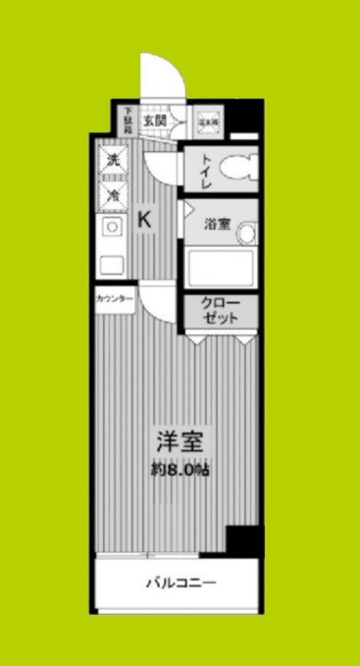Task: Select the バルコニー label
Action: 181,583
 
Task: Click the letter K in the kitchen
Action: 144,221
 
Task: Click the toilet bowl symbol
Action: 235,169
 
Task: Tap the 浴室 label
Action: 217,224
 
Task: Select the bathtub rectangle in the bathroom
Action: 220,268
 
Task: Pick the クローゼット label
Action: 219,312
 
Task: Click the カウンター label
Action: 115,297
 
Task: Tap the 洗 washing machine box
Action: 112,158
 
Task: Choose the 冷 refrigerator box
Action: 112,195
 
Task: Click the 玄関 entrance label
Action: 154,121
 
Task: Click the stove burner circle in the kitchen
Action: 112,229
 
